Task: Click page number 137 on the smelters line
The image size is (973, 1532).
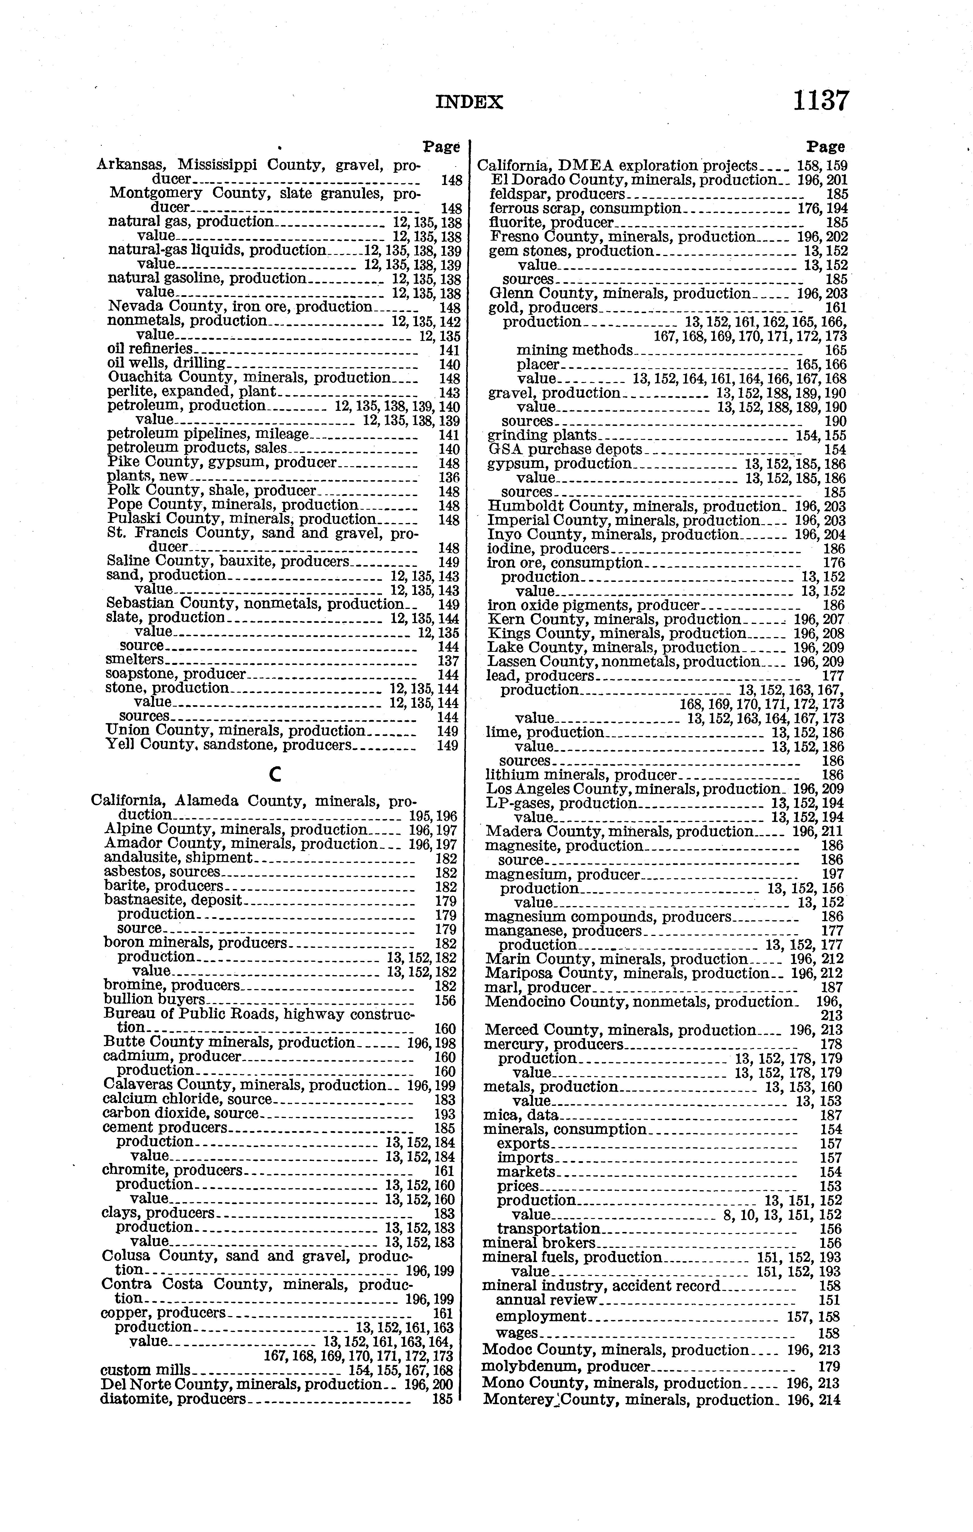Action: tap(449, 660)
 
